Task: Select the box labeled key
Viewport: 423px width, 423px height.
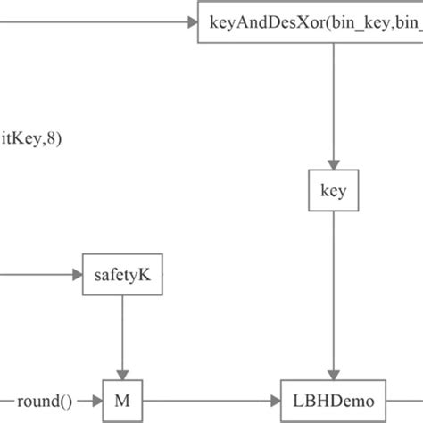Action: (x=333, y=190)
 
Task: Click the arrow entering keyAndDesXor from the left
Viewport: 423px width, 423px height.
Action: (x=98, y=20)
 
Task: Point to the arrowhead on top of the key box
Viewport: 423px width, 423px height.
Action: (x=333, y=164)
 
